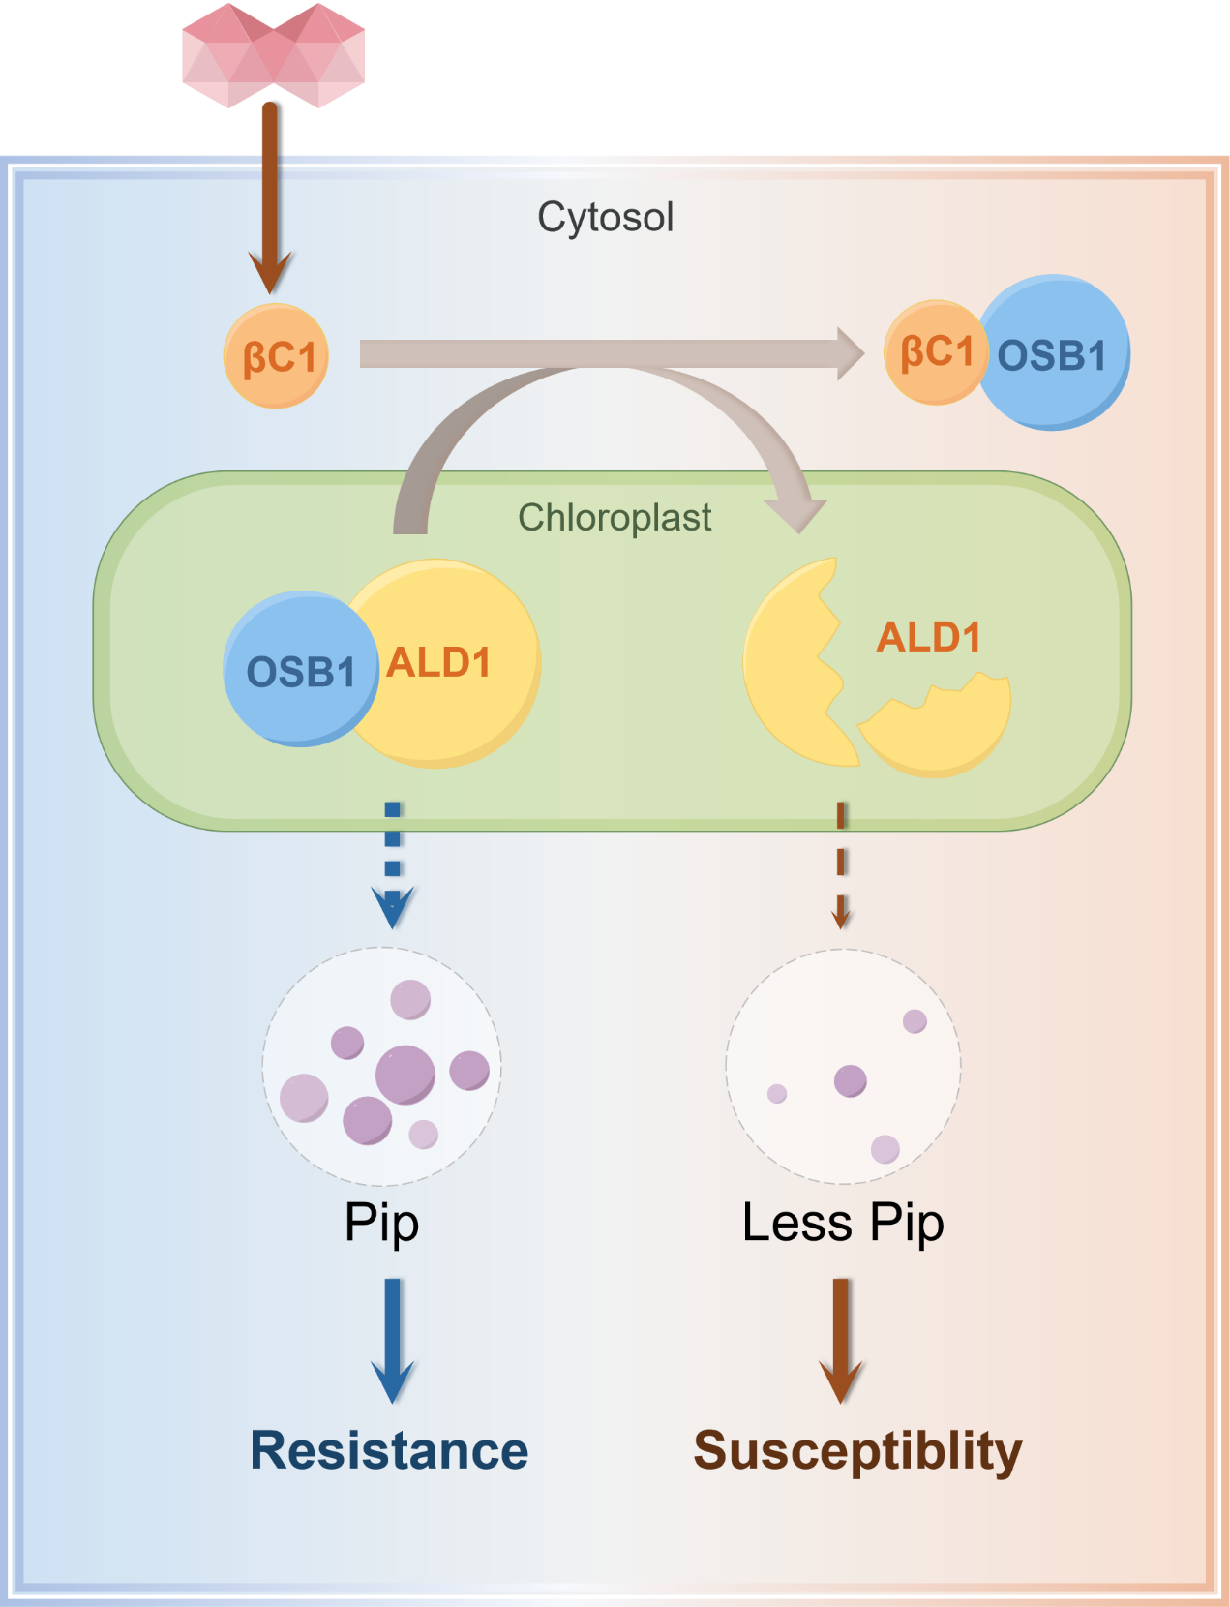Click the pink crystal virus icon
click(x=274, y=55)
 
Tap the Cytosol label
click(x=605, y=217)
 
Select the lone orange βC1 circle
click(x=277, y=356)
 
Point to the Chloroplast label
click(x=615, y=518)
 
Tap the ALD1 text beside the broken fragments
click(x=928, y=637)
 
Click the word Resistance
click(x=389, y=1450)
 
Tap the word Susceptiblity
click(x=857, y=1450)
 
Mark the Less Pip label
click(x=843, y=1222)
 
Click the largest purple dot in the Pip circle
click(x=405, y=1075)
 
